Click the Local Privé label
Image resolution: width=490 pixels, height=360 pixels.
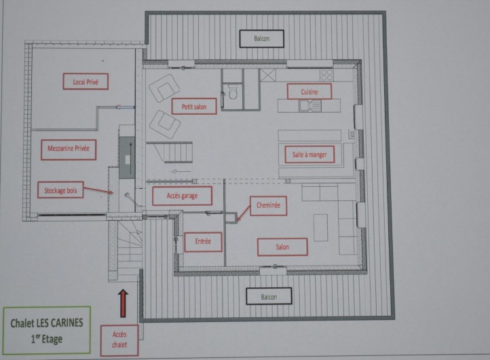86,82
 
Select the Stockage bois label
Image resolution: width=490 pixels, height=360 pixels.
61,191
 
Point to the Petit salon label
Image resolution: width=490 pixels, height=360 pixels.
194,106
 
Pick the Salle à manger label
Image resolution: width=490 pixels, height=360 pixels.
309,155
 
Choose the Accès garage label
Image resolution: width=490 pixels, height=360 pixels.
181,196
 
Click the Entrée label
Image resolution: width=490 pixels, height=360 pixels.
203,241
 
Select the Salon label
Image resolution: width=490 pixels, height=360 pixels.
282,247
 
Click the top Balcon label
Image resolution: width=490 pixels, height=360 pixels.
261,39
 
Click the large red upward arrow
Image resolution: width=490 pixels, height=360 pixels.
123,303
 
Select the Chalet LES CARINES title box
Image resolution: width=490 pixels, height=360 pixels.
46,328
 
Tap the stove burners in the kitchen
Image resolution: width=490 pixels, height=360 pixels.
326,74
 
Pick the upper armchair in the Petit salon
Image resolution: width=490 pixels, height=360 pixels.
164,88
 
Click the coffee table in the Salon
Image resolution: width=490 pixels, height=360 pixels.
320,228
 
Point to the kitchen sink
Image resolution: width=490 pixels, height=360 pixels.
313,105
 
